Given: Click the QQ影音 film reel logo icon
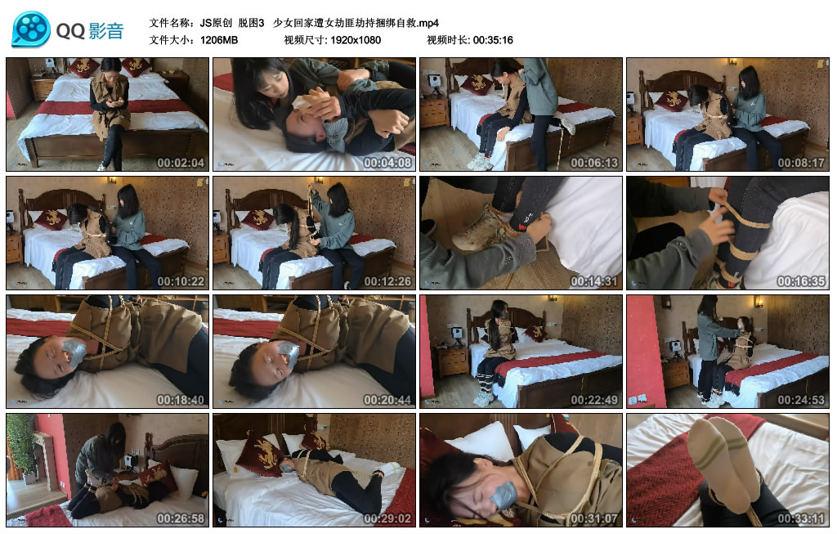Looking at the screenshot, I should pyautogui.click(x=30, y=29).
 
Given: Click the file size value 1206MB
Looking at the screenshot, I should pyautogui.click(x=218, y=40).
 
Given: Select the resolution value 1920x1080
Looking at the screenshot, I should pyautogui.click(x=355, y=40).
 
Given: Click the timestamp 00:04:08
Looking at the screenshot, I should pyautogui.click(x=387, y=163).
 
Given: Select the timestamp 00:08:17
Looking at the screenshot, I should pyautogui.click(x=801, y=163).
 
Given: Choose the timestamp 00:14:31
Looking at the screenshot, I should pyautogui.click(x=594, y=281).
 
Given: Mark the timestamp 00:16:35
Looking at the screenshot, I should pyautogui.click(x=801, y=281).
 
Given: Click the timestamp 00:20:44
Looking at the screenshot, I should pyautogui.click(x=387, y=400).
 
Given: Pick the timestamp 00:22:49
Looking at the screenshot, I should pyautogui.click(x=594, y=400).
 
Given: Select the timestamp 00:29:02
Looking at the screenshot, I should pyautogui.click(x=387, y=518).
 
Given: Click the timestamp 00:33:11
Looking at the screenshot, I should pyautogui.click(x=801, y=518).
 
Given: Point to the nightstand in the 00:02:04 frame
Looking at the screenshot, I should pyautogui.click(x=42, y=88).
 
